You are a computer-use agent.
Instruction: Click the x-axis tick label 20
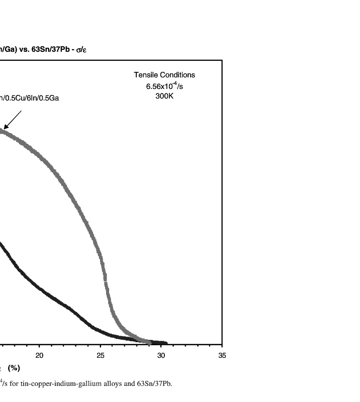point(39,356)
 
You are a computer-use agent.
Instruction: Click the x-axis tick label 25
point(100,356)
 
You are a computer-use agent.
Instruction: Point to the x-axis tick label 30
point(161,356)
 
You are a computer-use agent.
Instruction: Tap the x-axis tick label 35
point(222,356)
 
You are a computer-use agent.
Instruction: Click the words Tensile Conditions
point(164,75)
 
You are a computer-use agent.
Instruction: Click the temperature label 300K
point(164,96)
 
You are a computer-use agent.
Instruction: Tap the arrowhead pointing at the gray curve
point(5,128)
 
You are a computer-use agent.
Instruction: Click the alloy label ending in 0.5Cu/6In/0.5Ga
point(30,98)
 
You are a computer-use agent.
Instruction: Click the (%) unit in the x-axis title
point(14,368)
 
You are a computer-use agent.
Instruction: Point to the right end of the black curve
point(166,343)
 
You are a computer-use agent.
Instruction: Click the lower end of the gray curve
point(149,342)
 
